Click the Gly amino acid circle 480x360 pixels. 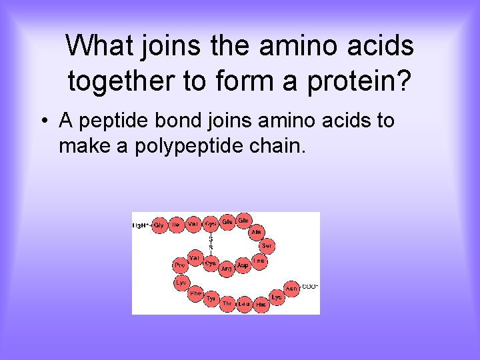click(x=159, y=225)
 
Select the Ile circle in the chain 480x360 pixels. click(x=176, y=225)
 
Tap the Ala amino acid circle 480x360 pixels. click(x=257, y=232)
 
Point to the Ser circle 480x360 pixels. click(x=267, y=246)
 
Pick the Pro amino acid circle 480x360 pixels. click(x=179, y=265)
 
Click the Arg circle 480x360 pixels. click(x=227, y=269)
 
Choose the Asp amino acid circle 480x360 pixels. click(x=243, y=265)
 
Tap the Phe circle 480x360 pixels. click(x=195, y=293)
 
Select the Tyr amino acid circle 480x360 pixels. click(x=211, y=299)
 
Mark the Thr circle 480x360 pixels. click(x=228, y=303)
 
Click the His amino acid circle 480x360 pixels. click(x=261, y=303)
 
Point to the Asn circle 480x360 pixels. click(x=291, y=288)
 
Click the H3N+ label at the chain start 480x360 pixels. click(x=141, y=225)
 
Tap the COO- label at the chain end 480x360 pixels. click(x=309, y=287)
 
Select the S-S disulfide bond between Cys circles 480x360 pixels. click(x=211, y=241)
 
